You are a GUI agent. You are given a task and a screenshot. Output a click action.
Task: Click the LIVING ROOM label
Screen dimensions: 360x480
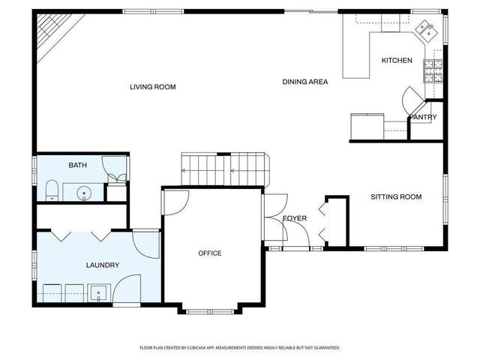[152, 87]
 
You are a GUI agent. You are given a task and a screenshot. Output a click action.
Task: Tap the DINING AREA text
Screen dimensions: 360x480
[305, 81]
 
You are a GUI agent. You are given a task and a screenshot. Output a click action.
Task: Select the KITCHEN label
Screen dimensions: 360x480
[396, 60]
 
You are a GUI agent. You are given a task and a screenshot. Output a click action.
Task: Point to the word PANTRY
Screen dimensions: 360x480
[423, 117]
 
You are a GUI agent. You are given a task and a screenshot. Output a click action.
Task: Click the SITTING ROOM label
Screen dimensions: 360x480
[396, 197]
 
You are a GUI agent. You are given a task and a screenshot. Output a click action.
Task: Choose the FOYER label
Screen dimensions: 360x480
[295, 218]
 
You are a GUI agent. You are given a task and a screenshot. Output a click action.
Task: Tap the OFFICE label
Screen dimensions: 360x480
[210, 253]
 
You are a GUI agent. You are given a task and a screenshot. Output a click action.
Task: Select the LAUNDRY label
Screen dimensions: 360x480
[103, 265]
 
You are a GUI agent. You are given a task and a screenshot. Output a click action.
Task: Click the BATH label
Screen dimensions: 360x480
[77, 165]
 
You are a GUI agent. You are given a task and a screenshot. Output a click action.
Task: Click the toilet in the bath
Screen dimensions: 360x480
[51, 190]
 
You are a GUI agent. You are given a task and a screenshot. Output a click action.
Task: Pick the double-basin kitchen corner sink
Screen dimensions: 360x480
[426, 31]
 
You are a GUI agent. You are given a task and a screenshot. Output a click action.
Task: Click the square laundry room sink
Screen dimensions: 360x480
[99, 292]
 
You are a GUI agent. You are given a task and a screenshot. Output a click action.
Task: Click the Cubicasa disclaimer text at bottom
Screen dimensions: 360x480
[240, 348]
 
